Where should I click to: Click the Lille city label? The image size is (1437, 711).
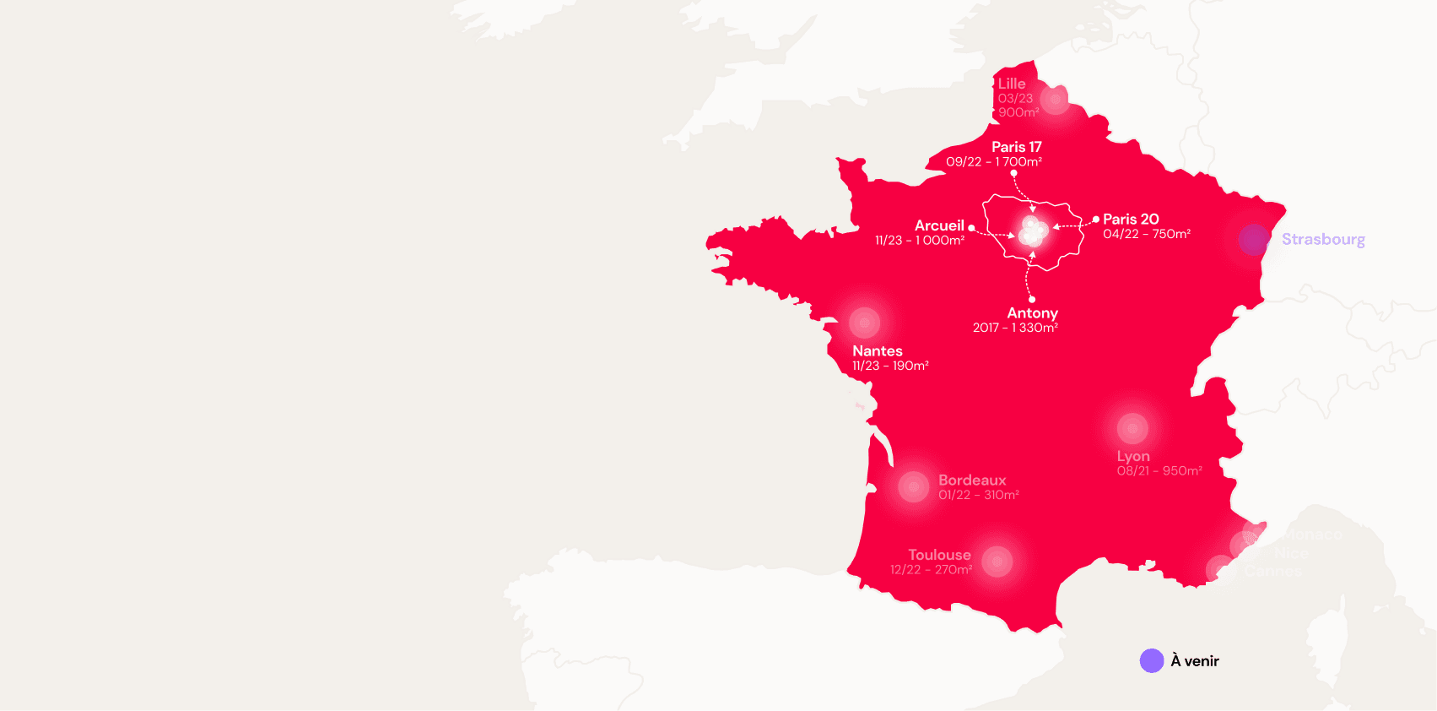[x=1012, y=84]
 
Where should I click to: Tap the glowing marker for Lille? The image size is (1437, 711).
[x=1055, y=99]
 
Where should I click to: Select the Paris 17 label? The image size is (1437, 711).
[x=1016, y=147]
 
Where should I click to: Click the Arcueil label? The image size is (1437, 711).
[x=939, y=225]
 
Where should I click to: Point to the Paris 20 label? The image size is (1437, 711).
[x=1131, y=220]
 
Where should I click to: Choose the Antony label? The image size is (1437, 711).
[x=1032, y=313]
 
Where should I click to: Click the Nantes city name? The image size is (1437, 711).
[x=877, y=351]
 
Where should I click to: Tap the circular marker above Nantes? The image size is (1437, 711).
[x=864, y=323]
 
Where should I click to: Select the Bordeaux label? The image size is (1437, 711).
[x=972, y=480]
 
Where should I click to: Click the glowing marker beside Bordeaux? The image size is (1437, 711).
[x=913, y=487]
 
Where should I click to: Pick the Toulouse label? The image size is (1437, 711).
[x=939, y=555]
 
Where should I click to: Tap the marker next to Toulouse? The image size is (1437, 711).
[x=997, y=562]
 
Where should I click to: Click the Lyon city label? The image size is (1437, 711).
[x=1133, y=456]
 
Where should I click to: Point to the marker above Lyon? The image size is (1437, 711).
[x=1132, y=429]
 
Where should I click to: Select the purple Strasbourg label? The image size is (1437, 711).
[x=1323, y=239]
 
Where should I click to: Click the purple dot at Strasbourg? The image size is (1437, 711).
[x=1254, y=240]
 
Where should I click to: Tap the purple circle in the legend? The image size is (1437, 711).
[x=1152, y=661]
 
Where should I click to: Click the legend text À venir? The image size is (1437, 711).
[x=1195, y=661]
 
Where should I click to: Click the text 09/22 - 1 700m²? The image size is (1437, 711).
[x=994, y=162]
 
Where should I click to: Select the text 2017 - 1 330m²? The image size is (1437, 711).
[x=1015, y=328]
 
